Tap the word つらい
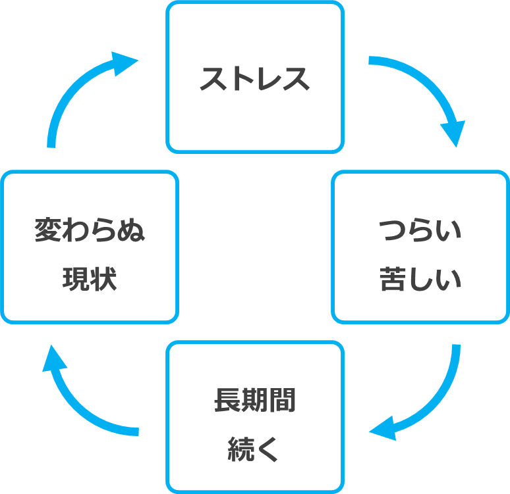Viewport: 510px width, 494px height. coord(420,232)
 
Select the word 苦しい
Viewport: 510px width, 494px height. coord(420,280)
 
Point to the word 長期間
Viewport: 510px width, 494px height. coord(254,401)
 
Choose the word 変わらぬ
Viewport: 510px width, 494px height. coord(90,232)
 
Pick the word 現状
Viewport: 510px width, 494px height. coord(90,280)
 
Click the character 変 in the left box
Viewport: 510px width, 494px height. coord(48,232)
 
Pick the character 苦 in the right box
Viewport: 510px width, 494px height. coord(393,280)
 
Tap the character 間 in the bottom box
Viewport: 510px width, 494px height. coord(282,401)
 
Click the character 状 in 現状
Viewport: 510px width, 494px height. coord(103,280)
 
